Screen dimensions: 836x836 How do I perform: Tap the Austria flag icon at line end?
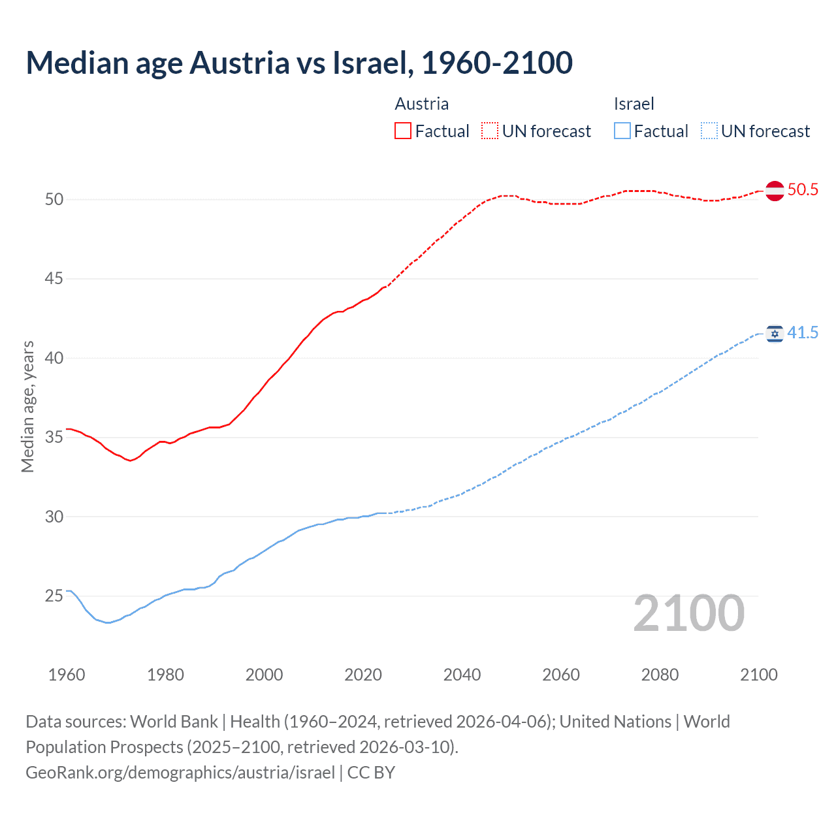(x=775, y=191)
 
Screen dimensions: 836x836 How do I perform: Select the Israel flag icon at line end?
(x=775, y=334)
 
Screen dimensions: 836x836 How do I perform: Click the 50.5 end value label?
(x=803, y=190)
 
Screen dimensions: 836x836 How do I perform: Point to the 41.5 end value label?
(x=803, y=333)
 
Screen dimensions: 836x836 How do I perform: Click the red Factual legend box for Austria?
(x=403, y=131)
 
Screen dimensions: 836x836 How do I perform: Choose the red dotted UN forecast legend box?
(x=490, y=131)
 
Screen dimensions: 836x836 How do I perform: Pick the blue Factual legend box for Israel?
(x=622, y=131)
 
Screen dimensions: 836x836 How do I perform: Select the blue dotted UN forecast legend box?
(x=709, y=131)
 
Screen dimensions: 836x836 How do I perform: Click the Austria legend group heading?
(x=422, y=104)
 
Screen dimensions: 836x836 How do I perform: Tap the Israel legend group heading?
(x=634, y=104)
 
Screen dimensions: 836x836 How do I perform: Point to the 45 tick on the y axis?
(x=54, y=279)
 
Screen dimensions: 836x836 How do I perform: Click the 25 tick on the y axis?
(x=54, y=596)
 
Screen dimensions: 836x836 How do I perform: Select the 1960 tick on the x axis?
(x=67, y=675)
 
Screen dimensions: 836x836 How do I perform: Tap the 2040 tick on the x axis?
(x=462, y=675)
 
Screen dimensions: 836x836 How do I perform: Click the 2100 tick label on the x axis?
(x=758, y=675)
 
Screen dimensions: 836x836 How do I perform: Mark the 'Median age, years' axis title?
(x=28, y=406)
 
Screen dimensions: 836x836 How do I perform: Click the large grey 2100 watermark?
(x=688, y=613)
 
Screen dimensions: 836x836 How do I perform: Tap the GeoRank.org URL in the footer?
(x=180, y=773)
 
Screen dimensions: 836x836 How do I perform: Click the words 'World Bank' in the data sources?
(x=174, y=722)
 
